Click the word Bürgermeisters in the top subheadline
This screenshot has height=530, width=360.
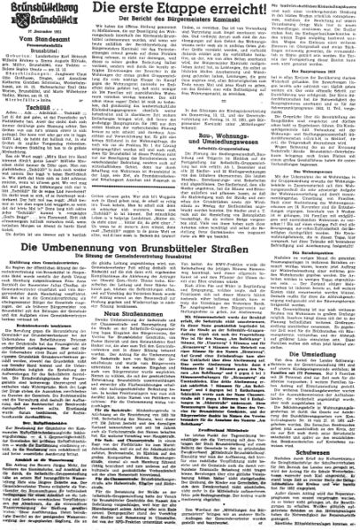tap(185, 27)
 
